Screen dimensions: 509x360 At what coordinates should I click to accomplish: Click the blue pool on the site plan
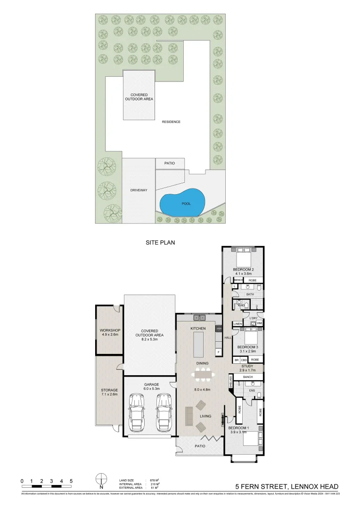point(183,203)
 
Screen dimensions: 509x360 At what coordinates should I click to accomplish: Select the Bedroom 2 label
point(243,270)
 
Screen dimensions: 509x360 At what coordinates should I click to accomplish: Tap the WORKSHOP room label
point(109,330)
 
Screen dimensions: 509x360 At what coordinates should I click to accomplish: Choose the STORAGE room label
point(109,390)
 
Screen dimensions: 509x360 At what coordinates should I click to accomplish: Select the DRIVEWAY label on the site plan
point(139,190)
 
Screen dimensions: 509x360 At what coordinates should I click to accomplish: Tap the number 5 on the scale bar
point(71,481)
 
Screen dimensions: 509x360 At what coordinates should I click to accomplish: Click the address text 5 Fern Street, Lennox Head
point(287,486)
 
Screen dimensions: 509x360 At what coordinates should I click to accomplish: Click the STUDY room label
point(247,366)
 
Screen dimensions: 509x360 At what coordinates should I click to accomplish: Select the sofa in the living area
point(188,416)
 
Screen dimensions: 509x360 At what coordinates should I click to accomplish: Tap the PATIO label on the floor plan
point(199,445)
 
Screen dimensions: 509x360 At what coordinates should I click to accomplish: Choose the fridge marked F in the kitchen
point(218,352)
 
